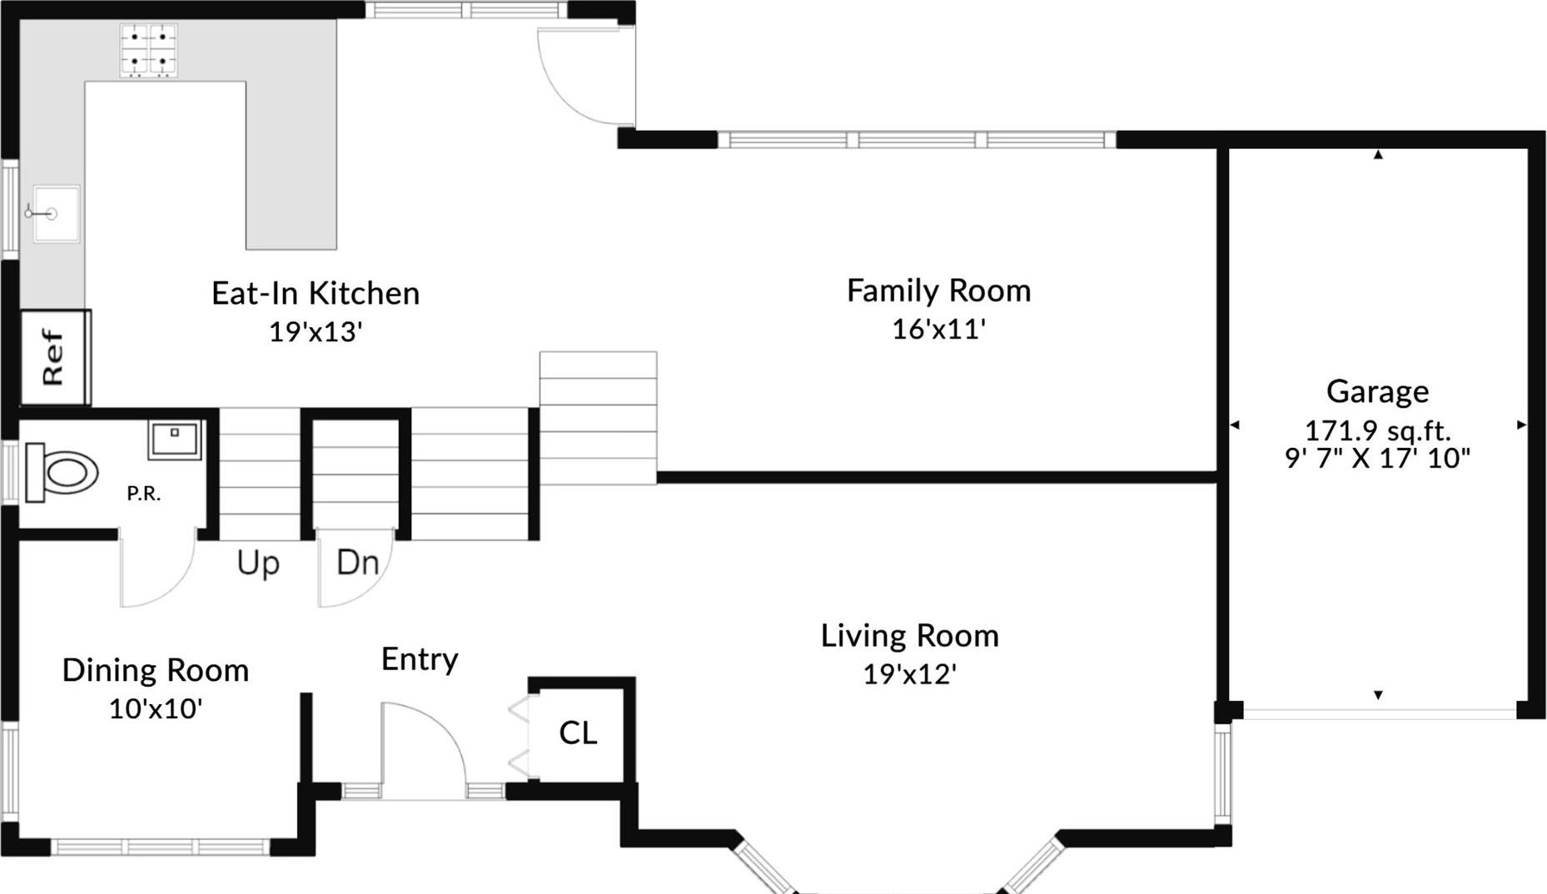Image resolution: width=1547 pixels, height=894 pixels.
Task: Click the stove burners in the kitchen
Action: (x=149, y=50)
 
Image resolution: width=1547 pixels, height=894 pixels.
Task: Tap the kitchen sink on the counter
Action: (x=56, y=214)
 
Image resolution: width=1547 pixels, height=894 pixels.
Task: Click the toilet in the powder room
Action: (x=61, y=473)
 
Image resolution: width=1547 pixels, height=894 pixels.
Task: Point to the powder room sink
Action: (x=175, y=439)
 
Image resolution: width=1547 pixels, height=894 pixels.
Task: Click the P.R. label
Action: (x=143, y=494)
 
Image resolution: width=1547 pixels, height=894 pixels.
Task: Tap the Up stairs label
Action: (x=258, y=564)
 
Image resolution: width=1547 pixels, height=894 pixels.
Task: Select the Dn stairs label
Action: (x=357, y=564)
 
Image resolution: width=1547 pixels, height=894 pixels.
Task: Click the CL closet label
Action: (x=578, y=733)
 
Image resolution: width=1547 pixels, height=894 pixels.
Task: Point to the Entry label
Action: (x=420, y=659)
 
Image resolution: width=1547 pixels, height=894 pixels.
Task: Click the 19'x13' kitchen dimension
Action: (x=316, y=332)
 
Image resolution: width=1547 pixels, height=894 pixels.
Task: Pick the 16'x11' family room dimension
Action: (x=938, y=330)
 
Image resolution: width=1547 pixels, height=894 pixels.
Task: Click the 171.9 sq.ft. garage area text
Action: (x=1377, y=431)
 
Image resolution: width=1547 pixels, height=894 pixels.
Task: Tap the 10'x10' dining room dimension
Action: (x=156, y=709)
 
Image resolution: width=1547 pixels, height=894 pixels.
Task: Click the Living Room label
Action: (x=909, y=636)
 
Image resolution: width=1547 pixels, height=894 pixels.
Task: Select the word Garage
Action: (x=1377, y=391)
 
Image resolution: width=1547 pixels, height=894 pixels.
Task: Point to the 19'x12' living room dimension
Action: (x=909, y=674)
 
